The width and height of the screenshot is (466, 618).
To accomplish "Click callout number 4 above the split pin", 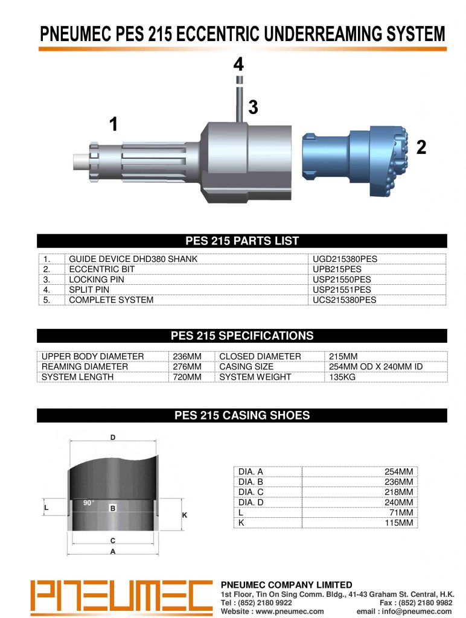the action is pos(238,64).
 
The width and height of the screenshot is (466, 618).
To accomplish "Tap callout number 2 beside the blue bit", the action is pos(421,147).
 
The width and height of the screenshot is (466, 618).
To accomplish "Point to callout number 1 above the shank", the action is pos(113,124).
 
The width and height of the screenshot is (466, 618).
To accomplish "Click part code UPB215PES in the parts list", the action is pos(337,269).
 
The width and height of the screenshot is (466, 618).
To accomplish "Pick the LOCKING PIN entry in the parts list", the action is pos(97,279).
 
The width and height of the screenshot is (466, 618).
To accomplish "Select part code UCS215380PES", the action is pos(344,300).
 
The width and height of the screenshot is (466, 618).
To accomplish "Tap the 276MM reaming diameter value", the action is pos(187,366).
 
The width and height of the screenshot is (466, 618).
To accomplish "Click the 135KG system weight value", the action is pos(342,377).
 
